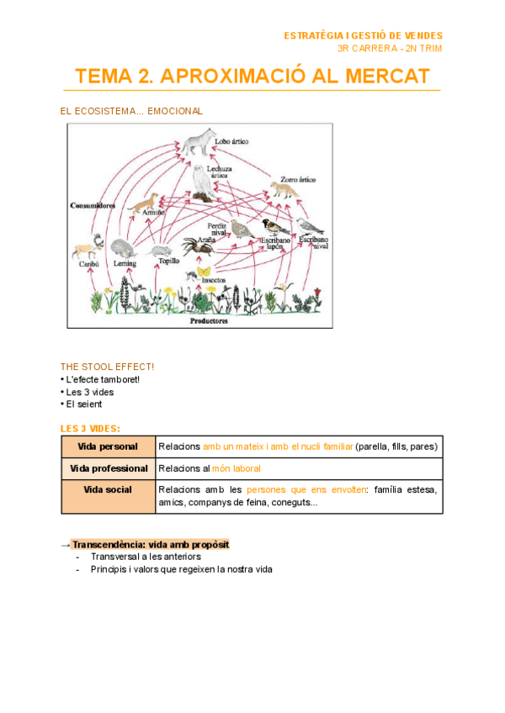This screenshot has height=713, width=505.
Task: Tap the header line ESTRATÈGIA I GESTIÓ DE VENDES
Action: (x=363, y=35)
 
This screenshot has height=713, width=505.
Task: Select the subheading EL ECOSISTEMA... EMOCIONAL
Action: (x=131, y=111)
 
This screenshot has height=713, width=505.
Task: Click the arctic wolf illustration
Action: (x=200, y=143)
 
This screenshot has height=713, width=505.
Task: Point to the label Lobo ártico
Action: (x=231, y=142)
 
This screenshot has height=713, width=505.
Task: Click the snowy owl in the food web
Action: (x=202, y=182)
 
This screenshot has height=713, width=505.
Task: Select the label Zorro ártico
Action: (x=299, y=179)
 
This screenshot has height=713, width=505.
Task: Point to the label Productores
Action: (x=209, y=320)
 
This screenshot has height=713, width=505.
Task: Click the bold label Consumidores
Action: (x=93, y=204)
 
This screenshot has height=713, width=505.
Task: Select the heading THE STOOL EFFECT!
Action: (x=107, y=367)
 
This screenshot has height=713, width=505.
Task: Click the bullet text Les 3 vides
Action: (x=90, y=392)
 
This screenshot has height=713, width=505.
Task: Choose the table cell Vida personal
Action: (x=108, y=446)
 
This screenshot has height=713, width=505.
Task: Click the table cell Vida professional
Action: (x=108, y=468)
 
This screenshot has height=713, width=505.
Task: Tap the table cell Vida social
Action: (x=108, y=489)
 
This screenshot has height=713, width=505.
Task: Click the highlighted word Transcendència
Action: (x=109, y=545)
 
